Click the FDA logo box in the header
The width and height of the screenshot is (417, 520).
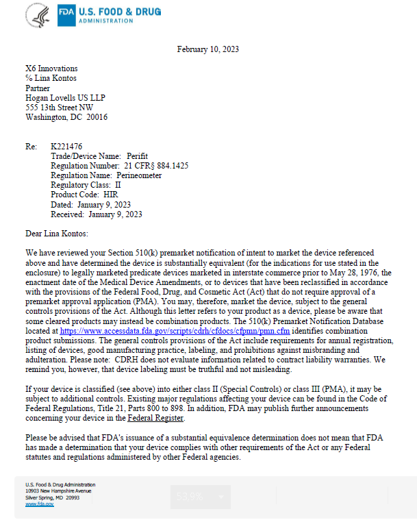(66, 14)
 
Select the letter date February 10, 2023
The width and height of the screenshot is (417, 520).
(207, 49)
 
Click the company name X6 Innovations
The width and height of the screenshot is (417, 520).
(51, 69)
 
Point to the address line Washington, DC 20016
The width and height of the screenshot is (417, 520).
(66, 117)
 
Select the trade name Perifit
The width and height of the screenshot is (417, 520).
(136, 156)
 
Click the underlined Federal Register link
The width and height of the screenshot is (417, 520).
(155, 417)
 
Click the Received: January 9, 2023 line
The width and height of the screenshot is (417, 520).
(97, 214)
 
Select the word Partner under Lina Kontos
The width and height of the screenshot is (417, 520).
(38, 88)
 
